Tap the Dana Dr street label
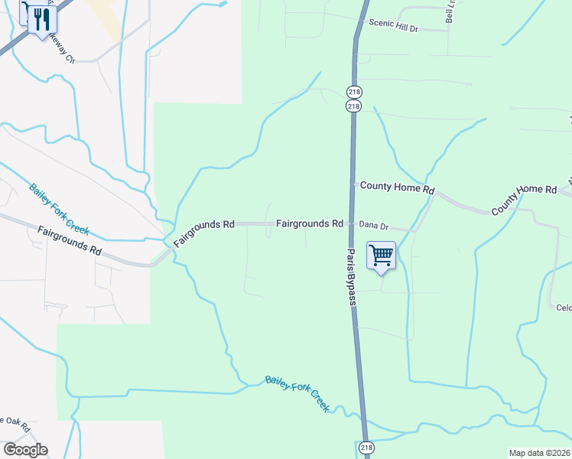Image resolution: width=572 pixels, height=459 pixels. (374, 226)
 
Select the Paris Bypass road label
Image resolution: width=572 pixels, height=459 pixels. (351, 278)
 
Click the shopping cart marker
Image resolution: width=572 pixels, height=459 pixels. (381, 256)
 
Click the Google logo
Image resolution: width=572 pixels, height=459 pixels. (25, 450)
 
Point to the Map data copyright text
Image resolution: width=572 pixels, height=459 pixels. (538, 453)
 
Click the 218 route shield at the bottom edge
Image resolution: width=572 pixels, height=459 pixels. (366, 448)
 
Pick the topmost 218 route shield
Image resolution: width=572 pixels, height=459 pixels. (353, 92)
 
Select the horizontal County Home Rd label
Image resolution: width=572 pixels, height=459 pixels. (397, 187)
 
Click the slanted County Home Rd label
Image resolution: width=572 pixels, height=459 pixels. (525, 199)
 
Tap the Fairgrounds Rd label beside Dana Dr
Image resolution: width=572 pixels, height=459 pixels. (309, 224)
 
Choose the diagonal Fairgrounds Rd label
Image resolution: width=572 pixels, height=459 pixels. (203, 233)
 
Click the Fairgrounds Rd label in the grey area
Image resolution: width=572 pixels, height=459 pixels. (69, 240)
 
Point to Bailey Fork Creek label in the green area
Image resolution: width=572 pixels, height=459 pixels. (297, 393)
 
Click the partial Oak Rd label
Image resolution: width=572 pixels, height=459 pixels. (14, 423)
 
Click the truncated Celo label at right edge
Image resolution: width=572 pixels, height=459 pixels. (564, 308)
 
